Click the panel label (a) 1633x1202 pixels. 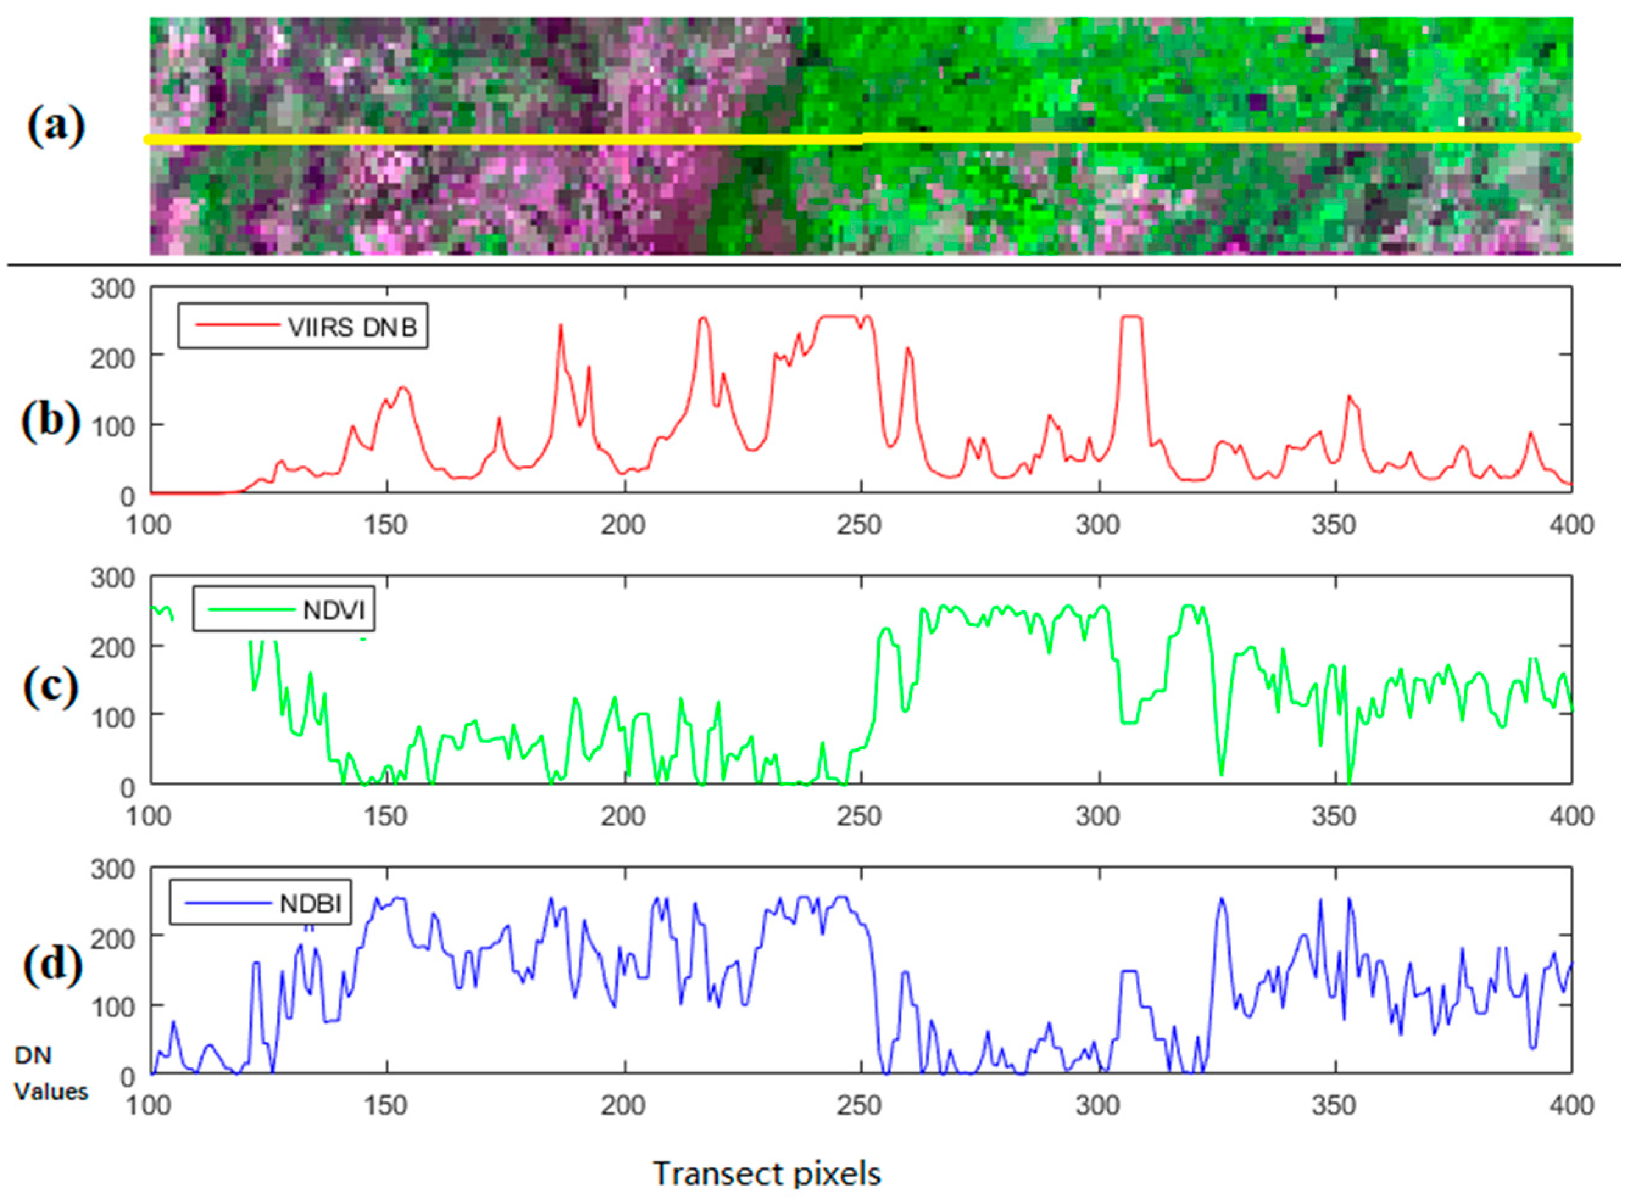56,128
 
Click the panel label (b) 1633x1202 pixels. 50,422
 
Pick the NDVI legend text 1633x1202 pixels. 334,610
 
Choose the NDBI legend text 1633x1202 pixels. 311,903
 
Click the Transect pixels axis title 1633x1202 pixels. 767,1173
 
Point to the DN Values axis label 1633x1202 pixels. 49,1073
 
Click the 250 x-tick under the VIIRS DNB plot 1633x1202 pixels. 860,525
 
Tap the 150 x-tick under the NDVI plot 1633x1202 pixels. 386,816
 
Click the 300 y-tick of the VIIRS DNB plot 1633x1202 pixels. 113,289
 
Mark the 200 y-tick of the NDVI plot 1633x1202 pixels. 113,648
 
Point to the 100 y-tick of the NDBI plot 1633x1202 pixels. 113,1008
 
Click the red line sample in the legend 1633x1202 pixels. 236,325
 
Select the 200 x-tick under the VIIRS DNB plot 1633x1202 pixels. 624,525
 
